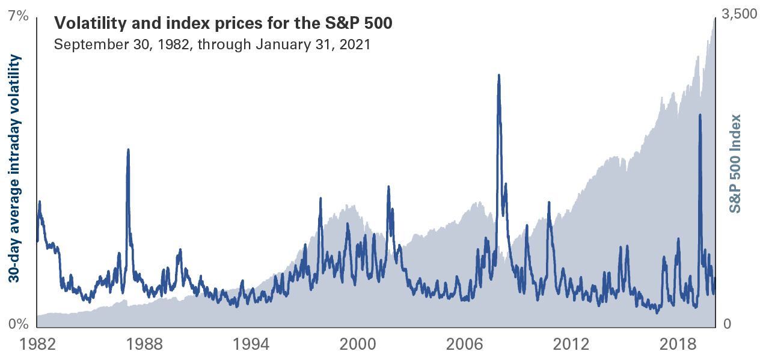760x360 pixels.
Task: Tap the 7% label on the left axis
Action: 19,16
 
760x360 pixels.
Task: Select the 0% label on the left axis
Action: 19,325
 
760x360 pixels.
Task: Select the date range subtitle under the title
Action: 212,44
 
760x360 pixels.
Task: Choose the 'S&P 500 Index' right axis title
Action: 735,163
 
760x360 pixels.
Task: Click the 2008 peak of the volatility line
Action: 498,76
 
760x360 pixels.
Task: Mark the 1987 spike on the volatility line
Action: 128,150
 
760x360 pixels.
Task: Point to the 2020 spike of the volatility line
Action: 700,115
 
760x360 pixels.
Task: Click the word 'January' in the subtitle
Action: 281,44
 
